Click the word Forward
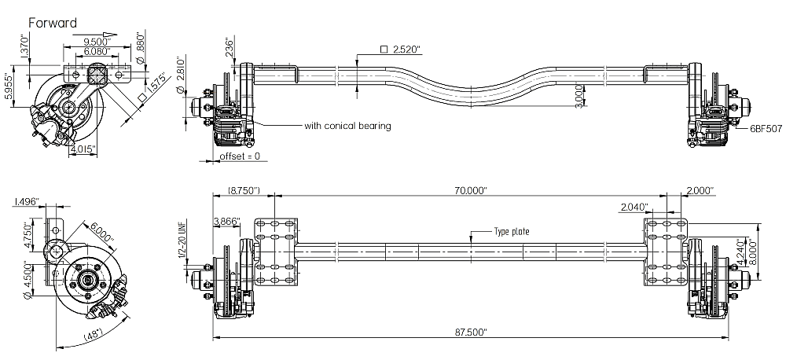53,23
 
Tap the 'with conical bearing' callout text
347,125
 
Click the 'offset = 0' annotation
240,157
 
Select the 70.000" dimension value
471,191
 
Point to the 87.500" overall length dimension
470,332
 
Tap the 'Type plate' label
511,232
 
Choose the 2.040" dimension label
633,207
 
